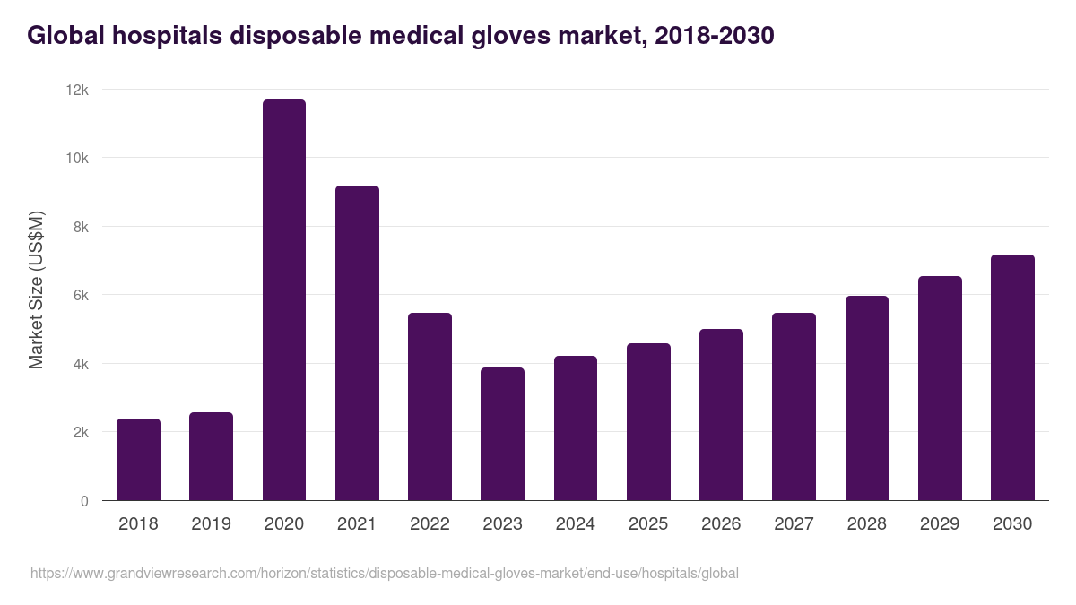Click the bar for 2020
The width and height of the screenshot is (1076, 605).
pyautogui.click(x=284, y=300)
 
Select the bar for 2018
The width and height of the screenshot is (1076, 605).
pyautogui.click(x=138, y=460)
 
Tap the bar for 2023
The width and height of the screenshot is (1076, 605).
pyautogui.click(x=502, y=434)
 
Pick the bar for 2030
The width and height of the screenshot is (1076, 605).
pyautogui.click(x=1012, y=377)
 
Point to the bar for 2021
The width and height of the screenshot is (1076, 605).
pyautogui.click(x=357, y=343)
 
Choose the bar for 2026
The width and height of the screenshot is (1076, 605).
pyautogui.click(x=721, y=415)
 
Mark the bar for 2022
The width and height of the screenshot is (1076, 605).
pyautogui.click(x=430, y=407)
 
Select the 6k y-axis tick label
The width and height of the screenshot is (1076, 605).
pyautogui.click(x=79, y=295)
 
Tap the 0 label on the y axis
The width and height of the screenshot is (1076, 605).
pyautogui.click(x=84, y=501)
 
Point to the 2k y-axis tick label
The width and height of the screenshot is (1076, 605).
pyautogui.click(x=79, y=432)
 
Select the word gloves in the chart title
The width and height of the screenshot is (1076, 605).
pyautogui.click(x=510, y=36)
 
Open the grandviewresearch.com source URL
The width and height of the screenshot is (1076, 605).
pyautogui.click(x=385, y=574)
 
